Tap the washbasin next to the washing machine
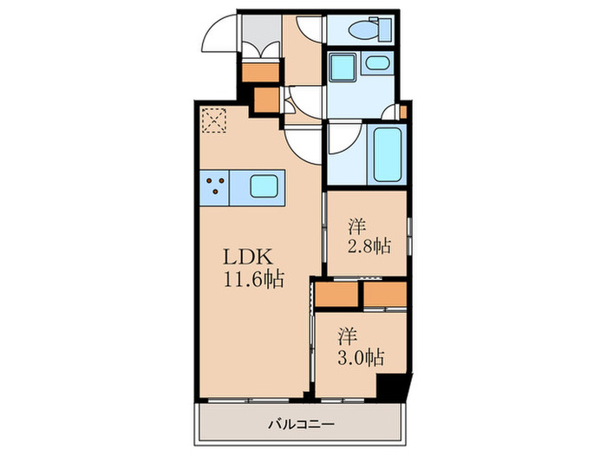[376, 63]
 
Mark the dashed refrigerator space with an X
[212, 119]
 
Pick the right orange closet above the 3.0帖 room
[384, 296]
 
